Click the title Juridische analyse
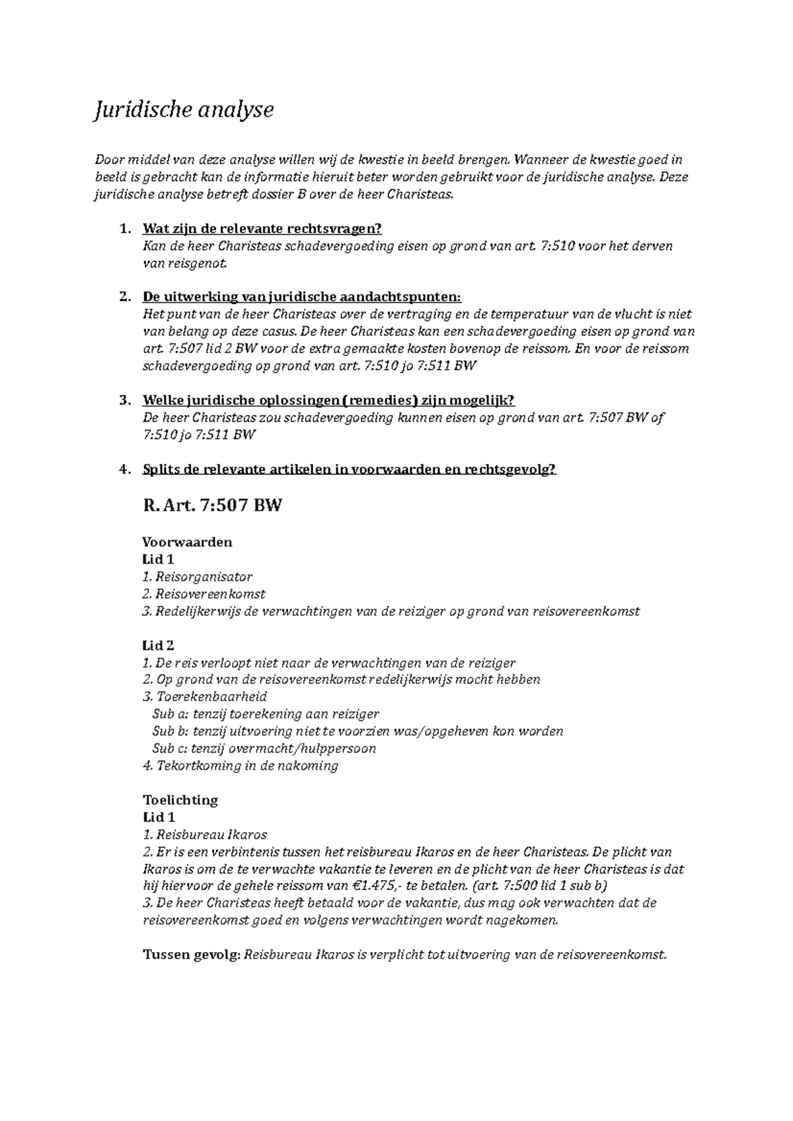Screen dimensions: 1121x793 183,110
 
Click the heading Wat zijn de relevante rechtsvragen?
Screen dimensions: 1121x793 262,229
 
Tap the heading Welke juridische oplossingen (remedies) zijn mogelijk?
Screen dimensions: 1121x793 328,401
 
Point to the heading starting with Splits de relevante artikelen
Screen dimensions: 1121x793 349,469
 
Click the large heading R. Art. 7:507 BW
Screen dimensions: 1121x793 212,506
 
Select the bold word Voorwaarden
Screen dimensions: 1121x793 187,543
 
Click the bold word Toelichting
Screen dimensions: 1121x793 180,800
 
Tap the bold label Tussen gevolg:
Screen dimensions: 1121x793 191,955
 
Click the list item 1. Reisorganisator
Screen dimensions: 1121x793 198,577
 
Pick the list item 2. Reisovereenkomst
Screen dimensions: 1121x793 204,594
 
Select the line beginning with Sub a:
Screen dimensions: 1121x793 265,714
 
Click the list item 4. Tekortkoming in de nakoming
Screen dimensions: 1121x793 241,766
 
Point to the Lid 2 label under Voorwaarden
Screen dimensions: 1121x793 158,646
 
